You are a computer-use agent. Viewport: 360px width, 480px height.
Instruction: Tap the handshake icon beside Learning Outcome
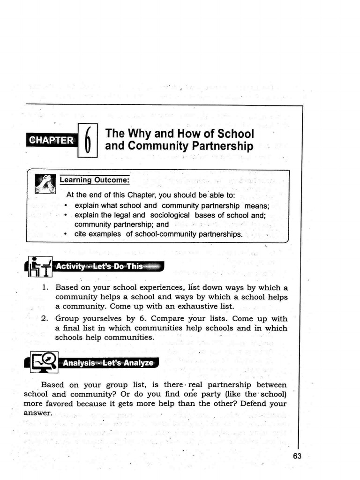click(45, 183)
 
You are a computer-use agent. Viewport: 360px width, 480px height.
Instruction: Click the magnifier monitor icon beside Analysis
click(44, 362)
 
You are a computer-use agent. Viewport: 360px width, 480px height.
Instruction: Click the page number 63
click(297, 457)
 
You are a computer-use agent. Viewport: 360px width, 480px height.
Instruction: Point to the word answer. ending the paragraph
click(38, 412)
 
